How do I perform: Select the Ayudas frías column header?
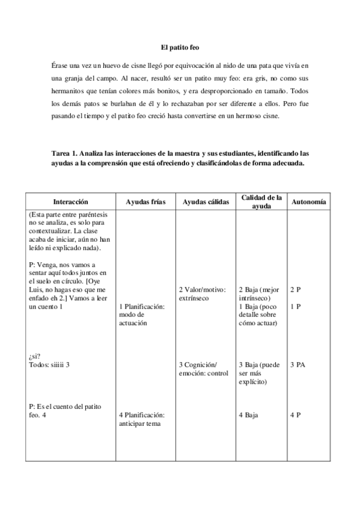tap(146, 202)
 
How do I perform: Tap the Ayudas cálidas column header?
tap(206, 202)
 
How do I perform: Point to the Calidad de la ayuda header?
tap(261, 201)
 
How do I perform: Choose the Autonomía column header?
tap(308, 202)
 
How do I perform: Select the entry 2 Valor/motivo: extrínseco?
tap(202, 293)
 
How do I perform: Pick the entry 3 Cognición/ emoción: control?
tap(203, 369)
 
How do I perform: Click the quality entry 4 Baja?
tap(248, 415)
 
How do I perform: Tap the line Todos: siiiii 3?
tap(50, 365)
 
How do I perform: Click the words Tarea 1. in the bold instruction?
tap(66, 154)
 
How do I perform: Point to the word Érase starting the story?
tap(61, 65)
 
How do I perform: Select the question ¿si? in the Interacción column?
tap(34, 357)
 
